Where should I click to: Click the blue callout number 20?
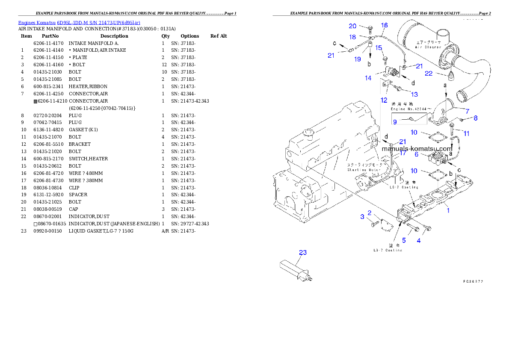coord(352,26)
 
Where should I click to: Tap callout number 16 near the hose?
coord(384,26)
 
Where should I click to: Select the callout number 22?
coord(428,74)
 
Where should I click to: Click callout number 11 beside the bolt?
coord(466,133)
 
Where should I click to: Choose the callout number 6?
coord(416,154)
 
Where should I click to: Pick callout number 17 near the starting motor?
coord(402,153)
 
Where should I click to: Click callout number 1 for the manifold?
coord(448,210)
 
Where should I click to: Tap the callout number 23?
coord(303,253)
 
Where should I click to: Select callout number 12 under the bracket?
coord(384,100)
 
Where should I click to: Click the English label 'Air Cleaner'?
coord(428,47)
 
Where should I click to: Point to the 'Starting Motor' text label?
coord(361,170)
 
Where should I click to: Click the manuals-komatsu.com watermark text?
coord(417,149)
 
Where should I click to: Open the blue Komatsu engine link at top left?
coord(79,22)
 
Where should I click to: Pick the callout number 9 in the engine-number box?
coord(395,122)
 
